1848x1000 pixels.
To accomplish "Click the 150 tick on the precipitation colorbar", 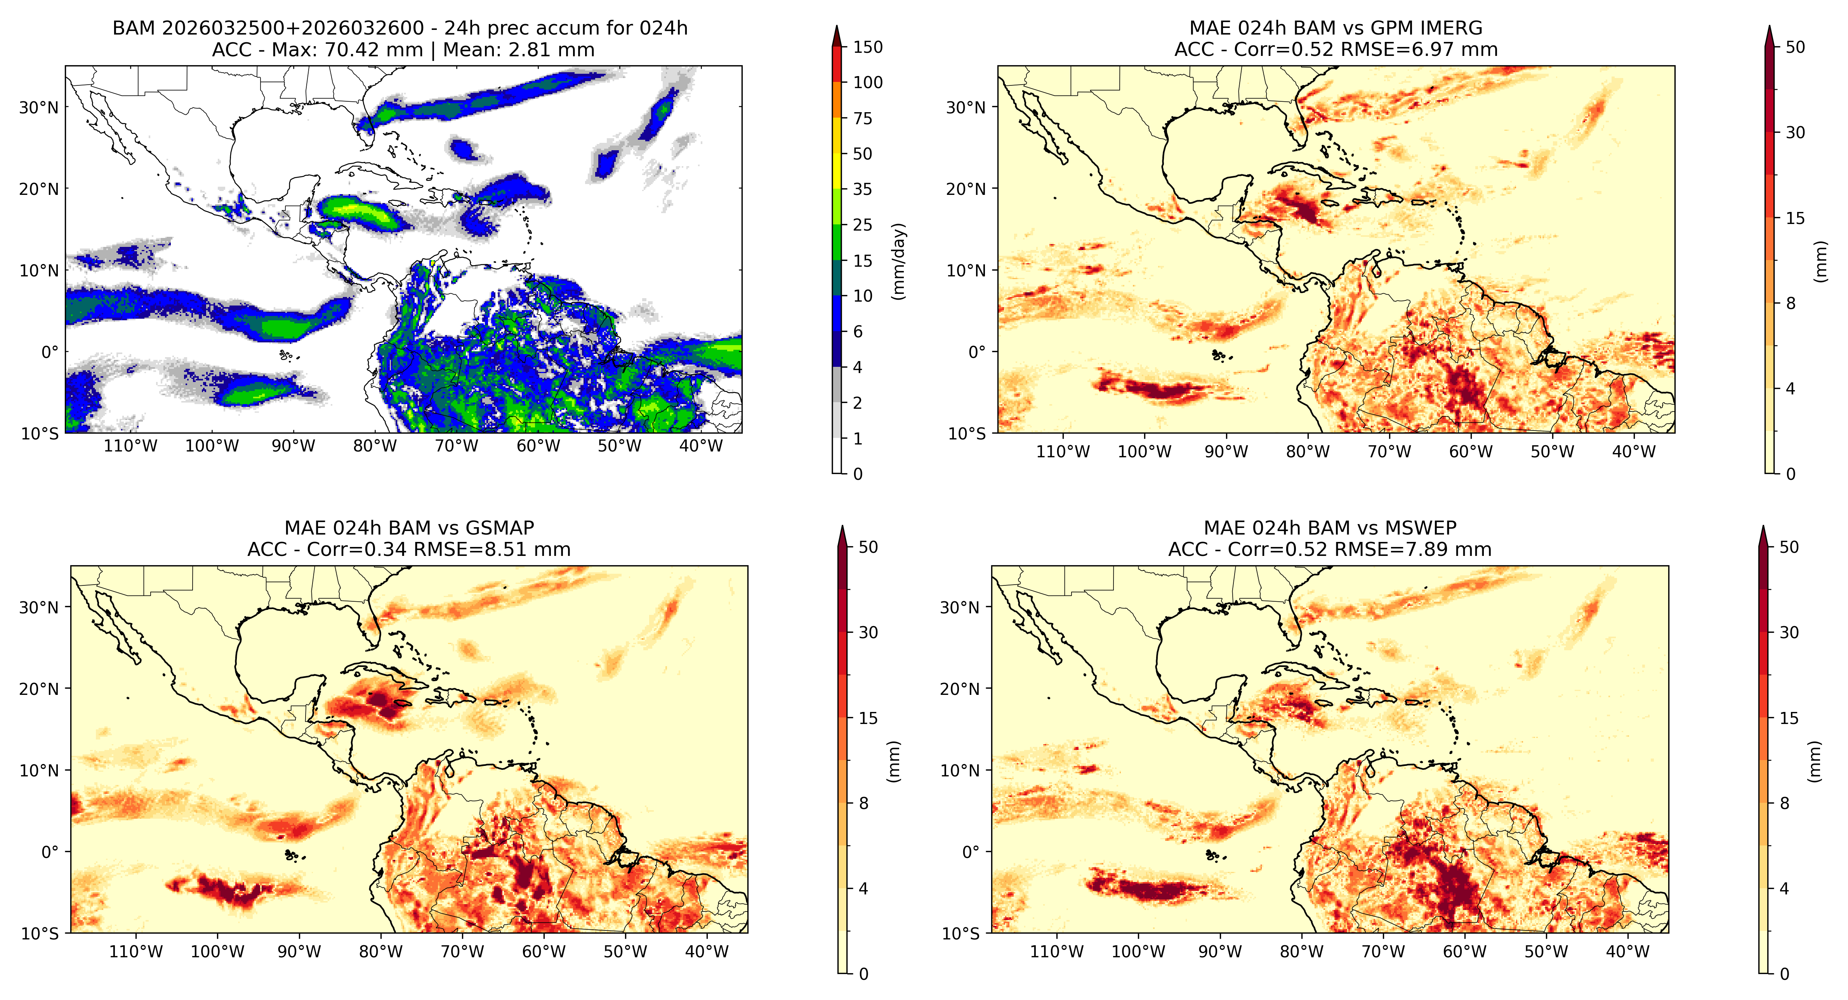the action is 867,47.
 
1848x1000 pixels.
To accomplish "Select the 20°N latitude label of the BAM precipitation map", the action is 39,189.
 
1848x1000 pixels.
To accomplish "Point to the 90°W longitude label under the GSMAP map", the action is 299,952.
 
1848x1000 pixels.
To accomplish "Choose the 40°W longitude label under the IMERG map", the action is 1634,452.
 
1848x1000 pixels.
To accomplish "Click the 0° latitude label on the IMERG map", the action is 977,352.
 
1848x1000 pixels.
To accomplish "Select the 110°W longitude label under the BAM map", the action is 130,446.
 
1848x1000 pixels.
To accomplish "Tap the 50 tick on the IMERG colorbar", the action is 1795,47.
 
